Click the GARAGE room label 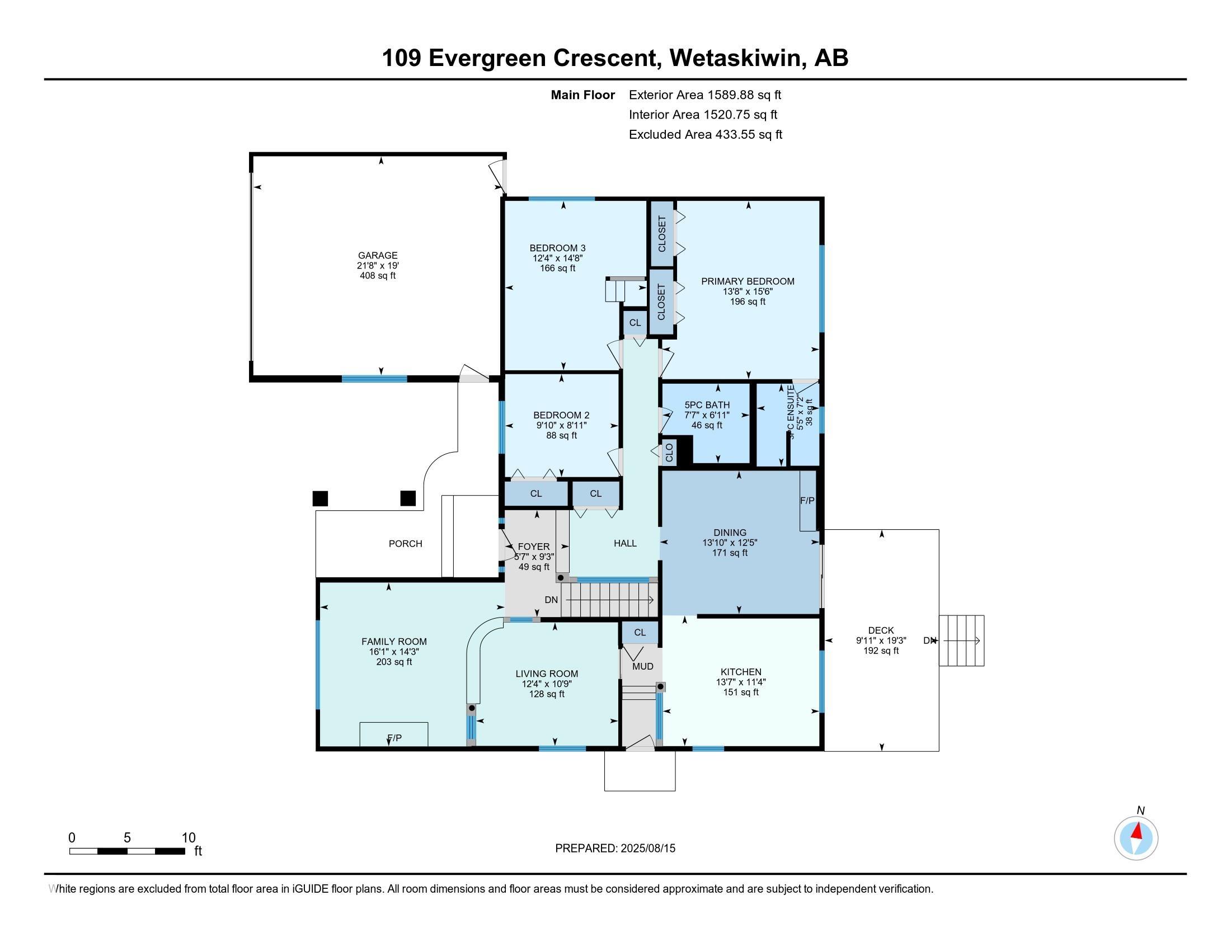(x=378, y=255)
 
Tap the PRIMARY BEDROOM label (x=748, y=281)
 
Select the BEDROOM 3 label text (x=557, y=248)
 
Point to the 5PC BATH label (x=707, y=404)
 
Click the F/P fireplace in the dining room (x=807, y=500)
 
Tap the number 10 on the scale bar (x=188, y=838)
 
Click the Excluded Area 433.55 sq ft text (x=705, y=134)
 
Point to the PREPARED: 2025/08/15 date (x=615, y=848)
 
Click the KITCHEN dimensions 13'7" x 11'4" (x=741, y=682)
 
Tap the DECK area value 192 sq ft (x=881, y=651)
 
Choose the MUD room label (x=642, y=666)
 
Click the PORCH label (x=405, y=544)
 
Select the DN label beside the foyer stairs (x=551, y=600)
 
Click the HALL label (x=625, y=543)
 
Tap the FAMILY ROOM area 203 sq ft (x=394, y=662)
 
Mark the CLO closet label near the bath (x=669, y=453)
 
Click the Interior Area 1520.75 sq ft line (x=703, y=114)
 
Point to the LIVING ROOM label (x=547, y=674)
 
